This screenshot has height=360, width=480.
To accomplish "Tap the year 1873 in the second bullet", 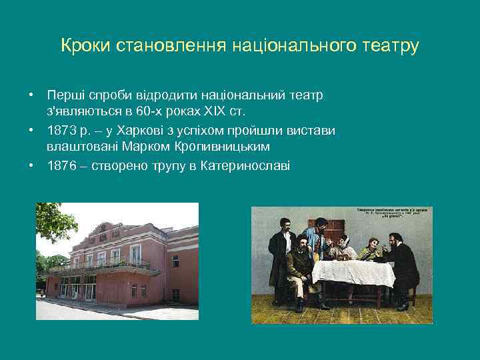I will click(x=61, y=131).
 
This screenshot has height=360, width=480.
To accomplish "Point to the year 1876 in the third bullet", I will click(x=61, y=165).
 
